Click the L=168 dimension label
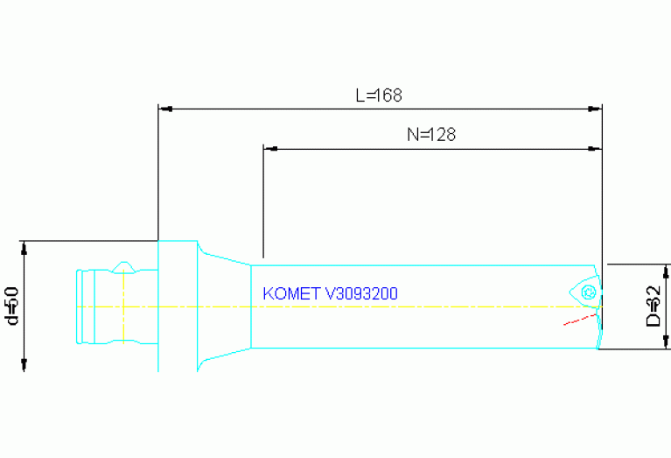point(379,95)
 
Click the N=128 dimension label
point(431,135)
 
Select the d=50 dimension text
point(12,306)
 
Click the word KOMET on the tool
point(291,293)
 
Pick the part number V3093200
point(360,293)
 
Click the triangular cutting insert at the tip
point(584,292)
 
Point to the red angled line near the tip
point(580,319)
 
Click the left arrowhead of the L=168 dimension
point(164,109)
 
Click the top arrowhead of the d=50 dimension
point(25,246)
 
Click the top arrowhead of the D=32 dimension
point(668,270)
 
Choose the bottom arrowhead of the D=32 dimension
point(668,342)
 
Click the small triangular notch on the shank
point(124,265)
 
